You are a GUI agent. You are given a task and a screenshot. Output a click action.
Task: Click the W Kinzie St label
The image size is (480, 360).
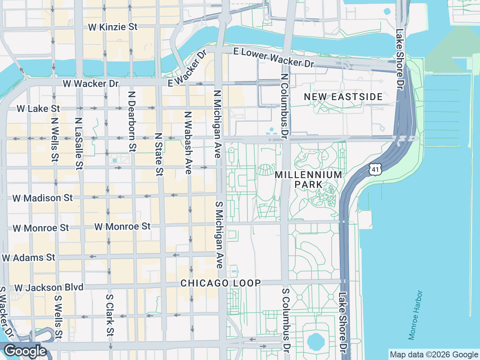coord(112,27)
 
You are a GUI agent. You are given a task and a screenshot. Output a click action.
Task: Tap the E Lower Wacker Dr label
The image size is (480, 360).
coord(274,58)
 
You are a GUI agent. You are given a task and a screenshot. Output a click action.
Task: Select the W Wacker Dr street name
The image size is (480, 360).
coord(90,84)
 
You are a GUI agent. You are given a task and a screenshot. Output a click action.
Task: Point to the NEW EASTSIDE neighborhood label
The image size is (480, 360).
coord(343,97)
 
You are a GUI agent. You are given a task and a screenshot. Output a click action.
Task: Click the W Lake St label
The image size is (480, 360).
coord(38,109)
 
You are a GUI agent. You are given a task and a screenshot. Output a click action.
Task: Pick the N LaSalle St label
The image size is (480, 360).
coord(78,144)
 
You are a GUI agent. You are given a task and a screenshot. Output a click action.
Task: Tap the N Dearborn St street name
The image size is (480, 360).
coord(132,121)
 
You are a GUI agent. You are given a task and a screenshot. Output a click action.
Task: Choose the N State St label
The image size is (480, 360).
coord(159,154)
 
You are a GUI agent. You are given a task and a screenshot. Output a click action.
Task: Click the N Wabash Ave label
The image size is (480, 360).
coord(188,142)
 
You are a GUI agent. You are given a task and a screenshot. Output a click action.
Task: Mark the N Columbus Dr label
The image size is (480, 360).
coord(284,106)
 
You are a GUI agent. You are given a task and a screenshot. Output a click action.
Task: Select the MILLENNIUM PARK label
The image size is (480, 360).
coord(308,180)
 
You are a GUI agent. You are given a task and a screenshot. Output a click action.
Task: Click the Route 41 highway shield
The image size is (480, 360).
coord(375,169)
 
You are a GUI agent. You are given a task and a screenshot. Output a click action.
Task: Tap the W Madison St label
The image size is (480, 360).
coord(43,198)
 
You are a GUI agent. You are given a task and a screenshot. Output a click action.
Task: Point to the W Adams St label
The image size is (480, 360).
coord(28,258)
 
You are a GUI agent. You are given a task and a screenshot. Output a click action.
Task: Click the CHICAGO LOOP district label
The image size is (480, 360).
coord(220,283)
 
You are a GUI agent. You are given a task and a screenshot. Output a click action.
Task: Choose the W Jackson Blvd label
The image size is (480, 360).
coord(49,288)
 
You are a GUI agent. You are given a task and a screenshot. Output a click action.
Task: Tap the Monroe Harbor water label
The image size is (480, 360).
coord(415,315)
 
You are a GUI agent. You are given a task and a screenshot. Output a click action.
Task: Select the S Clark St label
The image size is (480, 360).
coord(109,315)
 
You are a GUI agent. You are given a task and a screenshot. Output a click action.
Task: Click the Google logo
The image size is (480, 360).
coord(25,351)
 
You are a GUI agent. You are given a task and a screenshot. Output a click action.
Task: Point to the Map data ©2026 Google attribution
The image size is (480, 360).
coord(434,354)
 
